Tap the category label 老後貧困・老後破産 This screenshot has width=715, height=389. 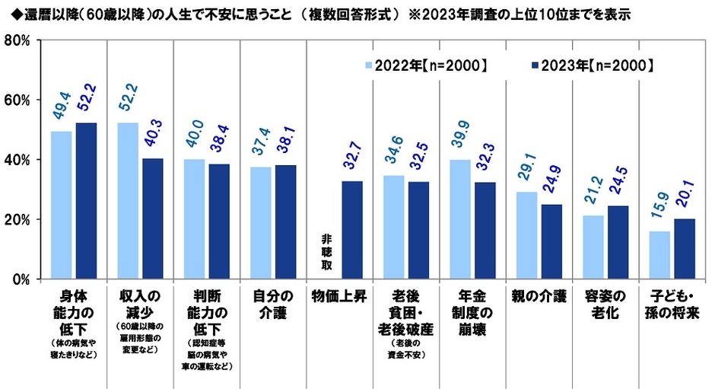coord(406,311)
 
